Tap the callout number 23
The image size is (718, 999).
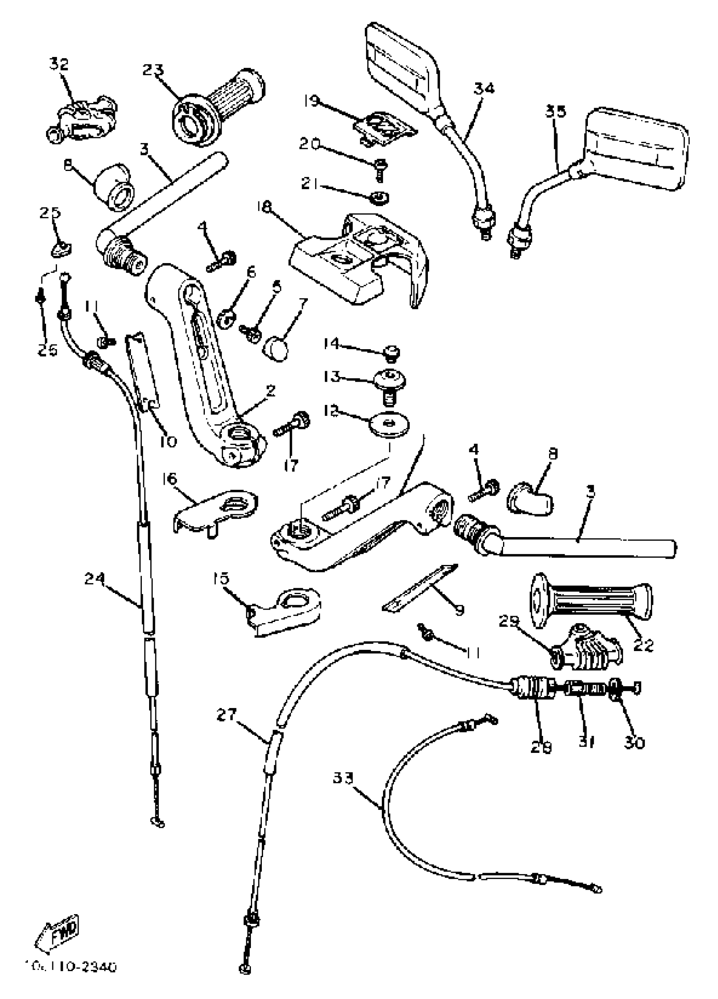click(x=153, y=70)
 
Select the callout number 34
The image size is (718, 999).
click(x=484, y=88)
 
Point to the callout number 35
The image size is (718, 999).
click(x=555, y=111)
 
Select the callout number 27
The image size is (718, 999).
click(x=226, y=714)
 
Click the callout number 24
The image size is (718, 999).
click(x=95, y=578)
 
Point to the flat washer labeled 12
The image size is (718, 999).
click(x=389, y=425)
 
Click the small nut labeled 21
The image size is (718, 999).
click(x=379, y=197)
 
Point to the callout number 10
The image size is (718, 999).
click(x=168, y=441)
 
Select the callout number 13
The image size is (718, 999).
click(x=332, y=377)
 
